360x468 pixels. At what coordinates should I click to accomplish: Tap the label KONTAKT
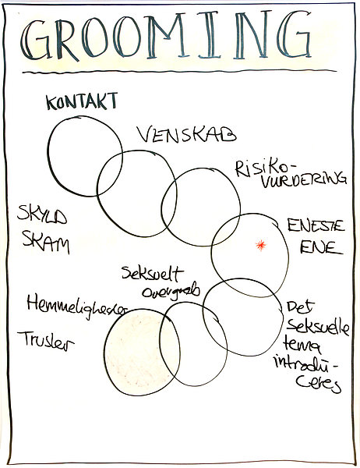(x=82, y=101)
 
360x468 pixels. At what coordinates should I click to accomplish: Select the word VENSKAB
(x=187, y=134)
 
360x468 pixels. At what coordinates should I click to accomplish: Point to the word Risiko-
(x=262, y=168)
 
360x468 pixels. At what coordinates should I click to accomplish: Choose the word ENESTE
(x=316, y=225)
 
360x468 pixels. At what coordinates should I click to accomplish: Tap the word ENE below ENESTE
(x=321, y=248)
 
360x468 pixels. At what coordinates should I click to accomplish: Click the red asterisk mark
(x=261, y=245)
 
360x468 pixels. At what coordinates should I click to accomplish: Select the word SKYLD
(x=42, y=214)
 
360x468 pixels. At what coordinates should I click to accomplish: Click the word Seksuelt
(x=153, y=274)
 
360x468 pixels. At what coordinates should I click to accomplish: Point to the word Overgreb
(x=171, y=291)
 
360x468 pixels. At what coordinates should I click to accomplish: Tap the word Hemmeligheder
(x=77, y=305)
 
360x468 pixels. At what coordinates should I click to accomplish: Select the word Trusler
(x=46, y=341)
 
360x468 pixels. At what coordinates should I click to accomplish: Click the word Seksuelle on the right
(x=318, y=327)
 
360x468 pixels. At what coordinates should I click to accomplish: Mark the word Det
(x=301, y=307)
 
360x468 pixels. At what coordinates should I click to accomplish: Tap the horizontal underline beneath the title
(x=179, y=71)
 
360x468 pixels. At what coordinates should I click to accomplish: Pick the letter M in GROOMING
(x=166, y=35)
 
